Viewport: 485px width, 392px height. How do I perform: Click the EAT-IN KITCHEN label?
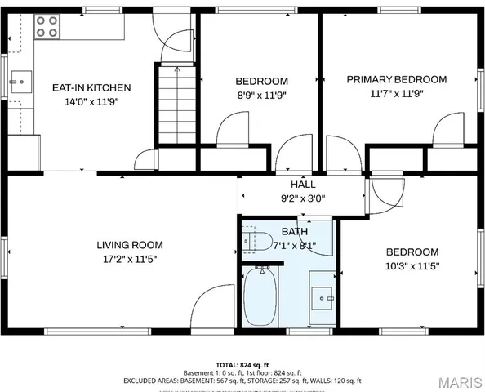coord(91,87)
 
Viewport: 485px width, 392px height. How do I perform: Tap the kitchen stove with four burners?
coord(47,27)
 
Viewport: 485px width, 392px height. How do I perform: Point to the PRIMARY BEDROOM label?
coord(396,79)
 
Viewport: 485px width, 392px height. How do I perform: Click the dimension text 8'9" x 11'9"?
coord(261,95)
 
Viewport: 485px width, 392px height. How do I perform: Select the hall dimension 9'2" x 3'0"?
coord(303,198)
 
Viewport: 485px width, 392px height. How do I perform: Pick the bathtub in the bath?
coord(260,297)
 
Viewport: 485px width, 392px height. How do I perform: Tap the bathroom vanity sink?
coord(323,299)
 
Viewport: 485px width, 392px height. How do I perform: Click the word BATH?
coord(294,232)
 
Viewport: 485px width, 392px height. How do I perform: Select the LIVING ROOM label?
coord(130,245)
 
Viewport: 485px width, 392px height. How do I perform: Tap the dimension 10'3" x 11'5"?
coord(412,265)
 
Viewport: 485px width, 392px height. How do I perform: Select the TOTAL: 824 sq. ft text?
coord(242,364)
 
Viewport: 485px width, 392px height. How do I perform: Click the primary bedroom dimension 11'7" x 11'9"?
coord(396,93)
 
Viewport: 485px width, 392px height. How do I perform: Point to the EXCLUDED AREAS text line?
coord(242,381)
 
